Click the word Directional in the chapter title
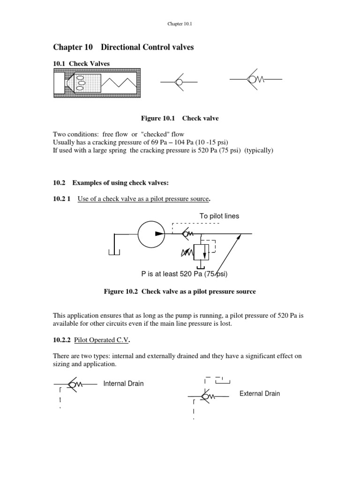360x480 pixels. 122,47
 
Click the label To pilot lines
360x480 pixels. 219,216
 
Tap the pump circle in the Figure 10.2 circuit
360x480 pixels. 152,233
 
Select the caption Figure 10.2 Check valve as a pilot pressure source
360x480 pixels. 180,292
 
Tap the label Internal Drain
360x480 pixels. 123,383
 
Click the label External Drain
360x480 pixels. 259,393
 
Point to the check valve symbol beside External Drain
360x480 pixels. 205,397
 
